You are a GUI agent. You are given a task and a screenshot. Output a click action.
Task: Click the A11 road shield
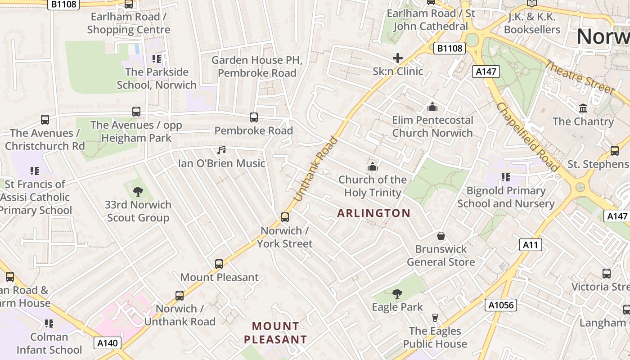pos(531,245)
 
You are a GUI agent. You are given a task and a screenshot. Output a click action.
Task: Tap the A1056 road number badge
pos(501,305)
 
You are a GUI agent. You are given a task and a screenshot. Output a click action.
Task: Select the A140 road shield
pos(108,343)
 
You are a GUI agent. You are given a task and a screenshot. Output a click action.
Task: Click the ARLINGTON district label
pos(373,213)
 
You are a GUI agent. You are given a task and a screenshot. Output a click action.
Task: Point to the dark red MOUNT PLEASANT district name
pos(275,333)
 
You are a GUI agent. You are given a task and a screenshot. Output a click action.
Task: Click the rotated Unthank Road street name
pos(315,169)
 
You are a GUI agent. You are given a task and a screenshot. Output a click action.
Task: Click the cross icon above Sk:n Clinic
pos(398,58)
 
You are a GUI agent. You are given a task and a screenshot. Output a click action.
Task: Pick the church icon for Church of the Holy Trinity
pos(372,166)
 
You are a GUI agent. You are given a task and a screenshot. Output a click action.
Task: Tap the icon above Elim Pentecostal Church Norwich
pos(432,107)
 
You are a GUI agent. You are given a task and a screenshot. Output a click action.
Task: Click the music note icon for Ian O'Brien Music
pos(221,150)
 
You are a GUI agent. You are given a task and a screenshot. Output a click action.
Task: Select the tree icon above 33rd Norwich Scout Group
pos(138,192)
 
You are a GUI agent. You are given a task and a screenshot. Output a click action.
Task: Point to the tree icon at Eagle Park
pos(397,294)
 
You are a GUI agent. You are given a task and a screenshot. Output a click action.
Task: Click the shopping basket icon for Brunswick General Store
pos(441,236)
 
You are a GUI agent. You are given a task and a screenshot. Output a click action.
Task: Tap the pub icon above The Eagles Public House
pos(435,318)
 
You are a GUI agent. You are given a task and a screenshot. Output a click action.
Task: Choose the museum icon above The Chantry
pos(583,108)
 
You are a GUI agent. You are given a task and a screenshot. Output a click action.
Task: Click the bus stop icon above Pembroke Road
pos(254,117)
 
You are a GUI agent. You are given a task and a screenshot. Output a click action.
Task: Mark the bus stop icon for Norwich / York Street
pos(284,217)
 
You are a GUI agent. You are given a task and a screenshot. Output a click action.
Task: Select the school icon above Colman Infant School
pos(49,324)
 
